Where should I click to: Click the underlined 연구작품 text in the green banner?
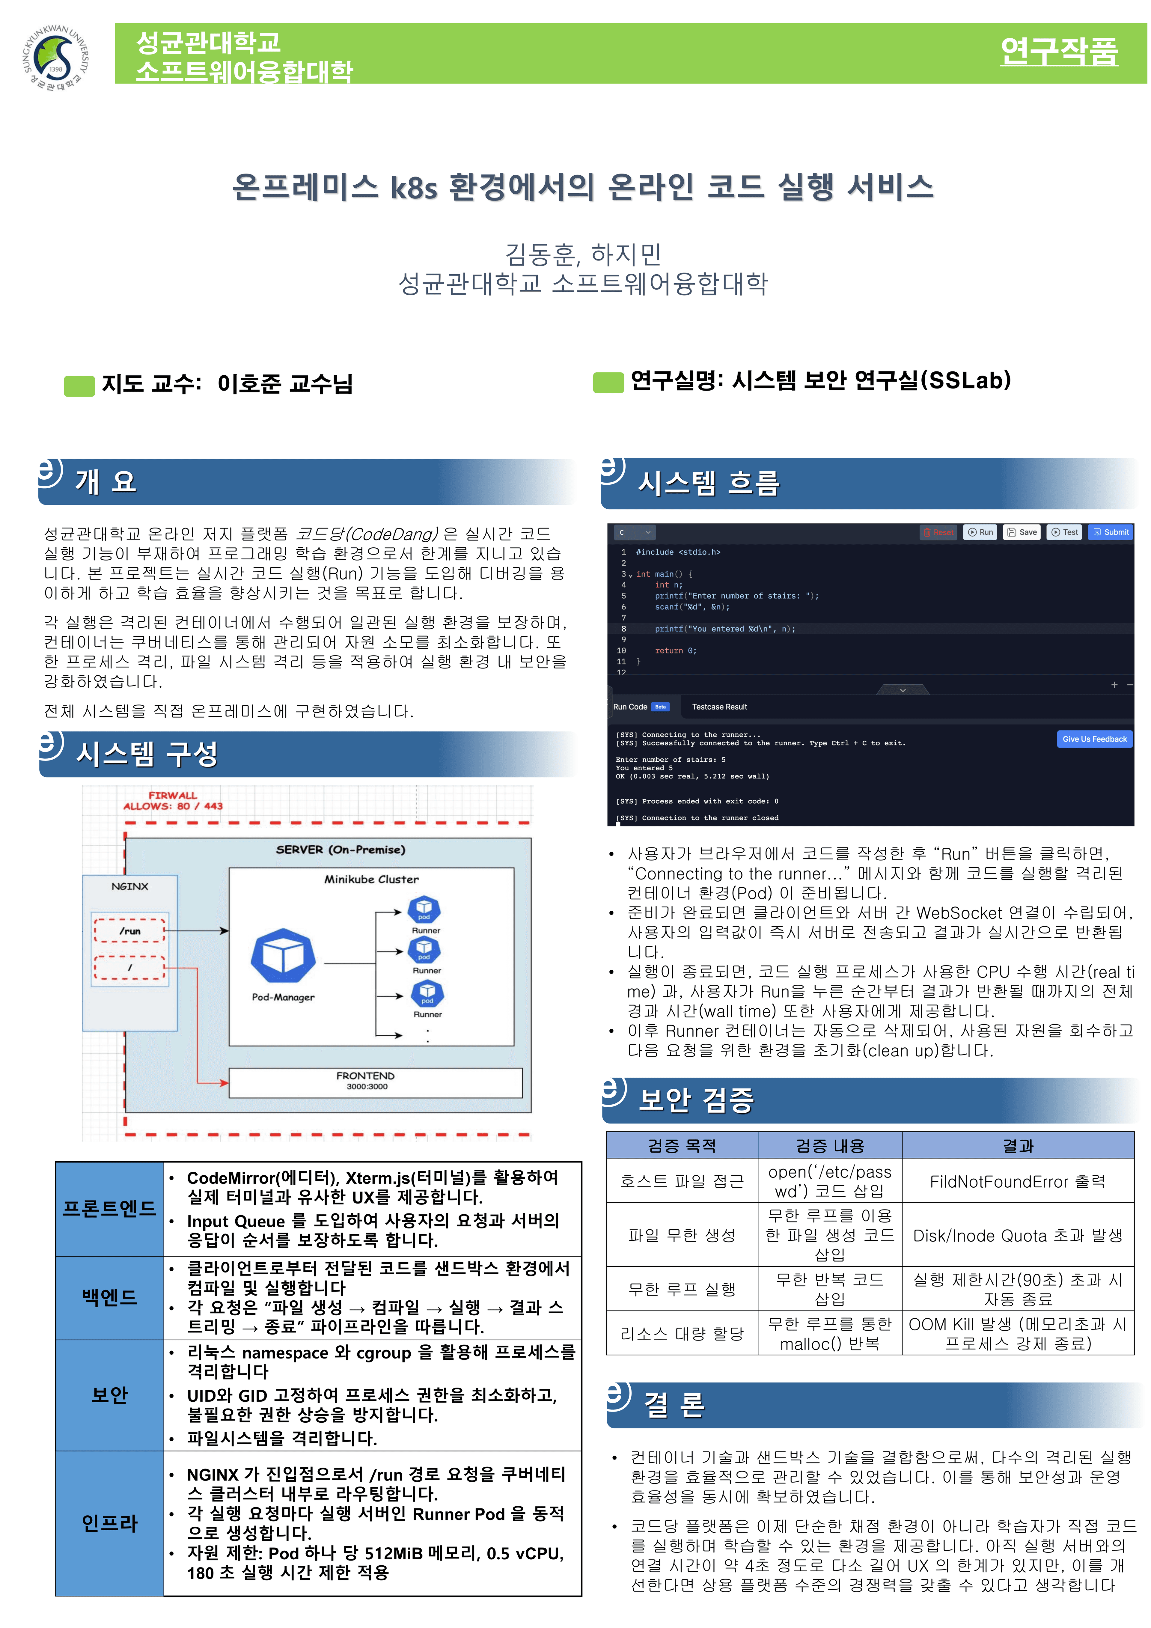[x=1059, y=51]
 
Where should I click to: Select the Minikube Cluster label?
[x=372, y=879]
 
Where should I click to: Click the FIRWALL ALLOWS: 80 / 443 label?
[x=173, y=801]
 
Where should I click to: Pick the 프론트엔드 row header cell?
[x=110, y=1208]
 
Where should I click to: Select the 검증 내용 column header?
[x=830, y=1145]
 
